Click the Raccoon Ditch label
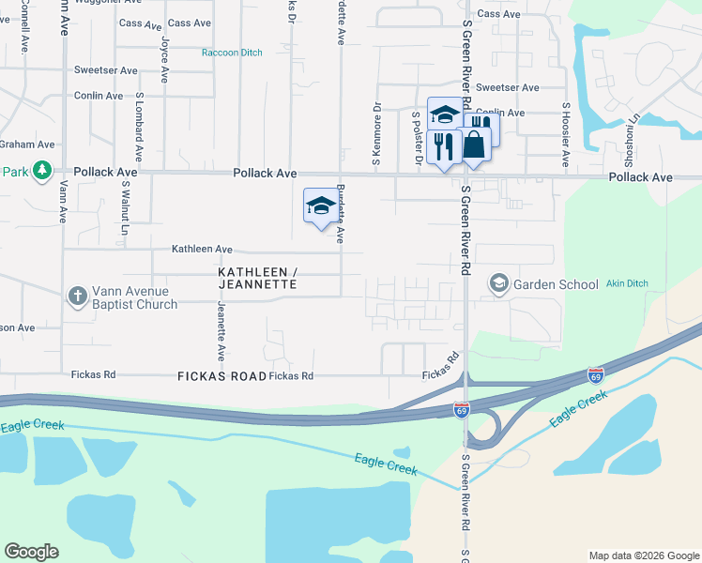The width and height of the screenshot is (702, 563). [x=232, y=53]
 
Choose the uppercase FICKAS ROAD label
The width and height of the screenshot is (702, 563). [x=221, y=375]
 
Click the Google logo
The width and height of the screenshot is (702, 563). [x=31, y=552]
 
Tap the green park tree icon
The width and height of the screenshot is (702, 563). [x=41, y=171]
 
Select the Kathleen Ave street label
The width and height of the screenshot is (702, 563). [x=201, y=249]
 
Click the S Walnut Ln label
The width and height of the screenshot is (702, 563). [x=124, y=209]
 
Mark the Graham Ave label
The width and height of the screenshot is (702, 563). [x=28, y=145]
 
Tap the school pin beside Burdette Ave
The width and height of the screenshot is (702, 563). [x=320, y=205]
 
